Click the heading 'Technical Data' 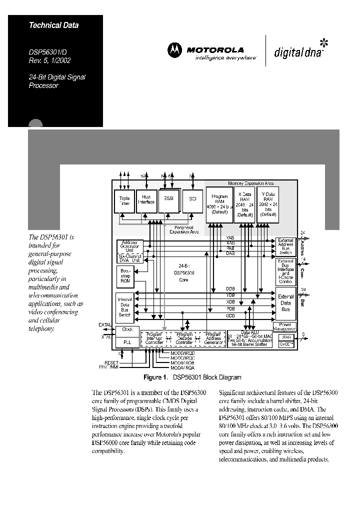[x=53, y=25]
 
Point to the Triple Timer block [x=124, y=201]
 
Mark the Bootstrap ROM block [x=125, y=276]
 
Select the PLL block [x=127, y=341]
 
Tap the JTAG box [x=285, y=337]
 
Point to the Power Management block [x=285, y=326]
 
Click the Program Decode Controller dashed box [x=184, y=338]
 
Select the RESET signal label [x=111, y=362]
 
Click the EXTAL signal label [x=105, y=325]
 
